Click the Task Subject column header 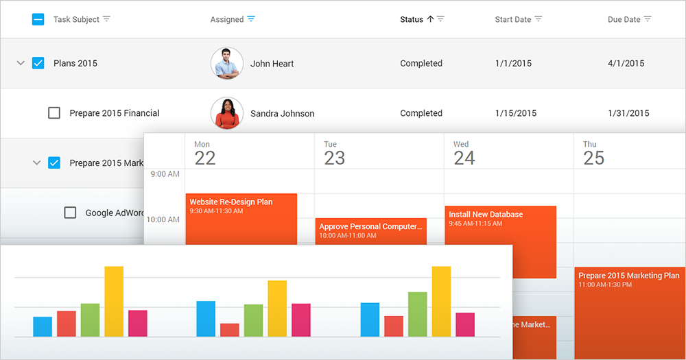pos(76,19)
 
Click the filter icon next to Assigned pos(251,19)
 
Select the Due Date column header pos(624,19)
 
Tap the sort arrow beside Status pos(430,19)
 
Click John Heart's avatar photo pos(226,63)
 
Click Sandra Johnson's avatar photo pos(226,113)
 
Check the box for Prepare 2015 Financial pos(54,113)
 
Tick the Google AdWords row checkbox pos(70,213)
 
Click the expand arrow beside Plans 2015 pos(21,63)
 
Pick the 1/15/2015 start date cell pos(515,113)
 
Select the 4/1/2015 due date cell pos(626,63)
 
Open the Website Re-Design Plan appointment pos(241,219)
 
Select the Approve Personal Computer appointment pos(370,230)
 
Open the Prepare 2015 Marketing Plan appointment pos(629,302)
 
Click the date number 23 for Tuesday pos(334,158)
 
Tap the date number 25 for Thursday pos(593,158)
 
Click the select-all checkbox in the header pos(38,19)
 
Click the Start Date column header pos(512,19)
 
